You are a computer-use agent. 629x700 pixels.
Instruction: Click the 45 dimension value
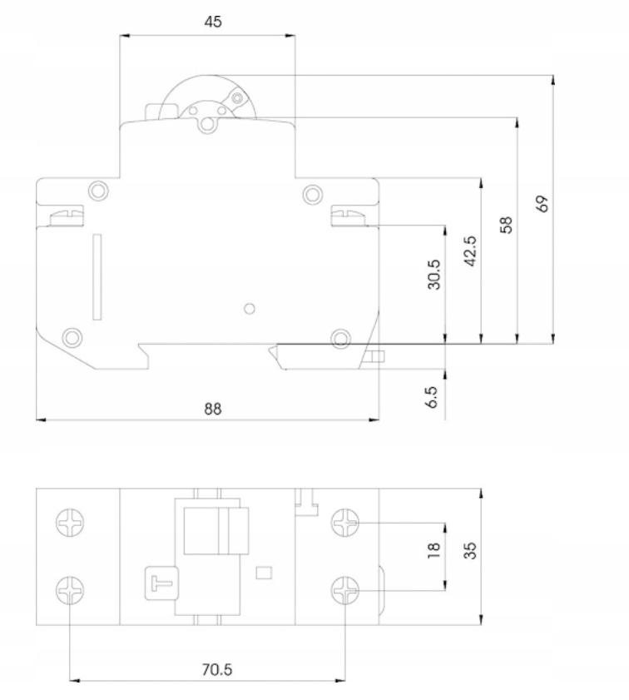click(x=213, y=22)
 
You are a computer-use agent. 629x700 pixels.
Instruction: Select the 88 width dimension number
click(x=212, y=409)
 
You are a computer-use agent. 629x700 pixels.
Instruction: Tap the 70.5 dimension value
click(x=217, y=669)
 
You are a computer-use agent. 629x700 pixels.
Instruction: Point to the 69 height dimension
click(x=542, y=204)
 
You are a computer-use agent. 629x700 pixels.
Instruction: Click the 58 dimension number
click(x=506, y=225)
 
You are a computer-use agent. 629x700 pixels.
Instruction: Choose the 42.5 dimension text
click(x=470, y=251)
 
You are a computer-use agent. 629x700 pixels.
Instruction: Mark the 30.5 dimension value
click(x=434, y=275)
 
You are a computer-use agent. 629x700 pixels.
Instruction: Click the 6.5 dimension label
click(x=432, y=397)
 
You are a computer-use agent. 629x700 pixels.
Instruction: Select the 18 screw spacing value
click(x=433, y=549)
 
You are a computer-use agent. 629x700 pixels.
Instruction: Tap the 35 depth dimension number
click(x=470, y=550)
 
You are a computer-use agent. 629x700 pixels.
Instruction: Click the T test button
click(x=161, y=583)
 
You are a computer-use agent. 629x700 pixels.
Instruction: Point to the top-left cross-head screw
click(x=70, y=522)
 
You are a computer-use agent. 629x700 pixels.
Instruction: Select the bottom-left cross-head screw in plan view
click(x=70, y=590)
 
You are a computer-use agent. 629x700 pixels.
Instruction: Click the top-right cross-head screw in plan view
click(x=345, y=522)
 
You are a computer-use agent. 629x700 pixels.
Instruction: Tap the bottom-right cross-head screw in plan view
click(x=345, y=590)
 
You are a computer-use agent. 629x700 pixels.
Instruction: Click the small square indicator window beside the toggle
click(x=264, y=573)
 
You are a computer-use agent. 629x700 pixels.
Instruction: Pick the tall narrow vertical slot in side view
click(x=97, y=277)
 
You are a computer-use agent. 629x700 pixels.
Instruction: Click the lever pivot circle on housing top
click(x=206, y=124)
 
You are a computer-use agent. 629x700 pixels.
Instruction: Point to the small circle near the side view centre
click(x=250, y=309)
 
